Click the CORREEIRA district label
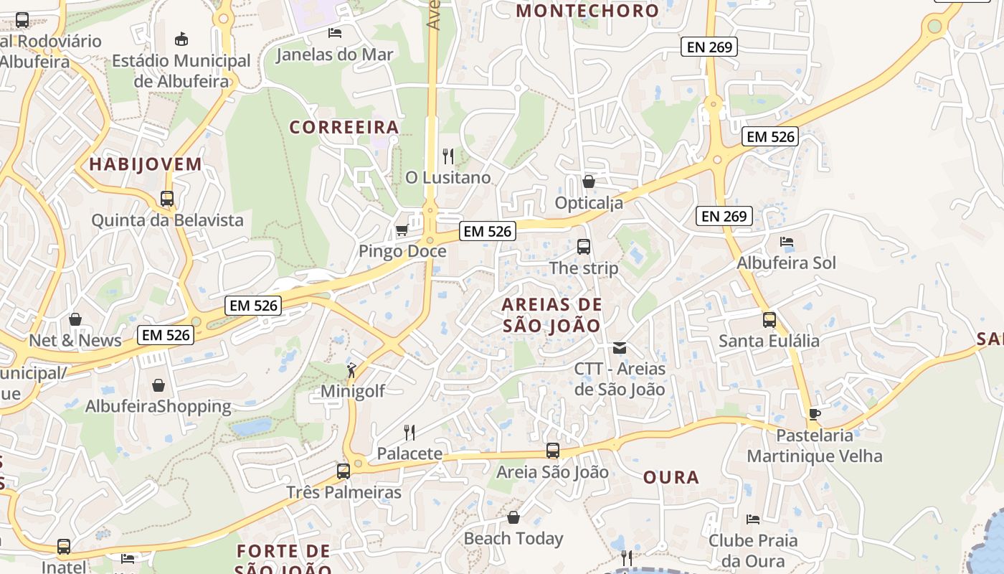[344, 128]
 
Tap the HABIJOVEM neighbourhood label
[146, 164]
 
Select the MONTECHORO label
[587, 11]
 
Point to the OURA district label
[671, 478]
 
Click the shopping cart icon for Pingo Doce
[402, 230]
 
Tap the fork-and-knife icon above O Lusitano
[448, 156]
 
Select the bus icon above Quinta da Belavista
[167, 199]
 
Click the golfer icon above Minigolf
[351, 370]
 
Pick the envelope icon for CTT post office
[620, 348]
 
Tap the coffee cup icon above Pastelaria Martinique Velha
[814, 414]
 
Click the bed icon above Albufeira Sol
[787, 242]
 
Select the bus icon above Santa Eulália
[769, 319]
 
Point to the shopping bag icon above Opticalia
[589, 182]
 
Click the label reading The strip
[583, 268]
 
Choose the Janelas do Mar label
[334, 55]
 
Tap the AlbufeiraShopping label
[158, 406]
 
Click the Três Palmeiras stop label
[344, 493]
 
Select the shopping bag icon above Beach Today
[513, 517]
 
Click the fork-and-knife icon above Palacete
[409, 432]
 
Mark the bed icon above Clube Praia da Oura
[752, 519]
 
